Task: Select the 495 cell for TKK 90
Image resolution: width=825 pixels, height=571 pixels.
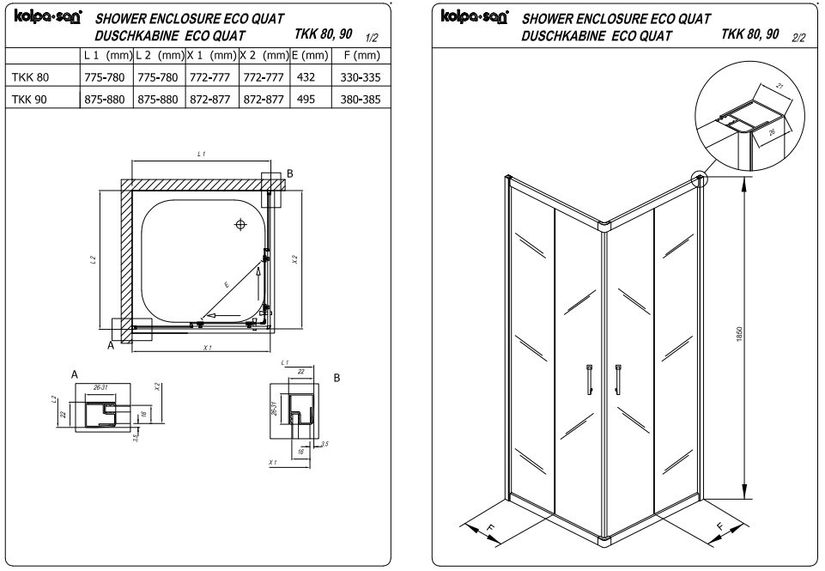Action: click(x=305, y=100)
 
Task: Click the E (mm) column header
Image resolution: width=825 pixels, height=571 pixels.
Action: click(x=310, y=55)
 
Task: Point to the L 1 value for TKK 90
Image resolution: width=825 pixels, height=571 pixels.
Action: click(x=106, y=100)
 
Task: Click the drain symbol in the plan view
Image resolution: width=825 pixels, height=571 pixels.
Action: click(x=240, y=224)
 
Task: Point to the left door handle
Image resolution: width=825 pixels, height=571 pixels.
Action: click(x=590, y=378)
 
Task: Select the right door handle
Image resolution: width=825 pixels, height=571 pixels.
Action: click(x=616, y=378)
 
